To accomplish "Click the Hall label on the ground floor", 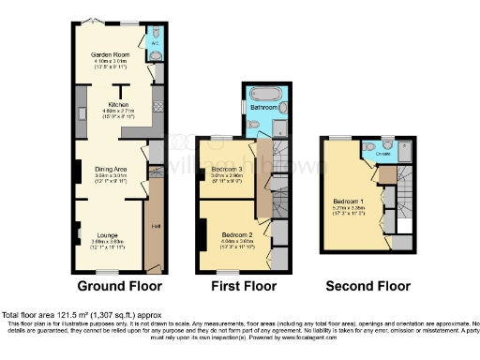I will [x=154, y=226].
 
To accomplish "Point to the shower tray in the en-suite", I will [x=404, y=147].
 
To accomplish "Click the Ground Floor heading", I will [x=119, y=286].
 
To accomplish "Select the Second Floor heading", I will [x=367, y=286].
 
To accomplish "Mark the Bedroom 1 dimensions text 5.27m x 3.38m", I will [x=351, y=207].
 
